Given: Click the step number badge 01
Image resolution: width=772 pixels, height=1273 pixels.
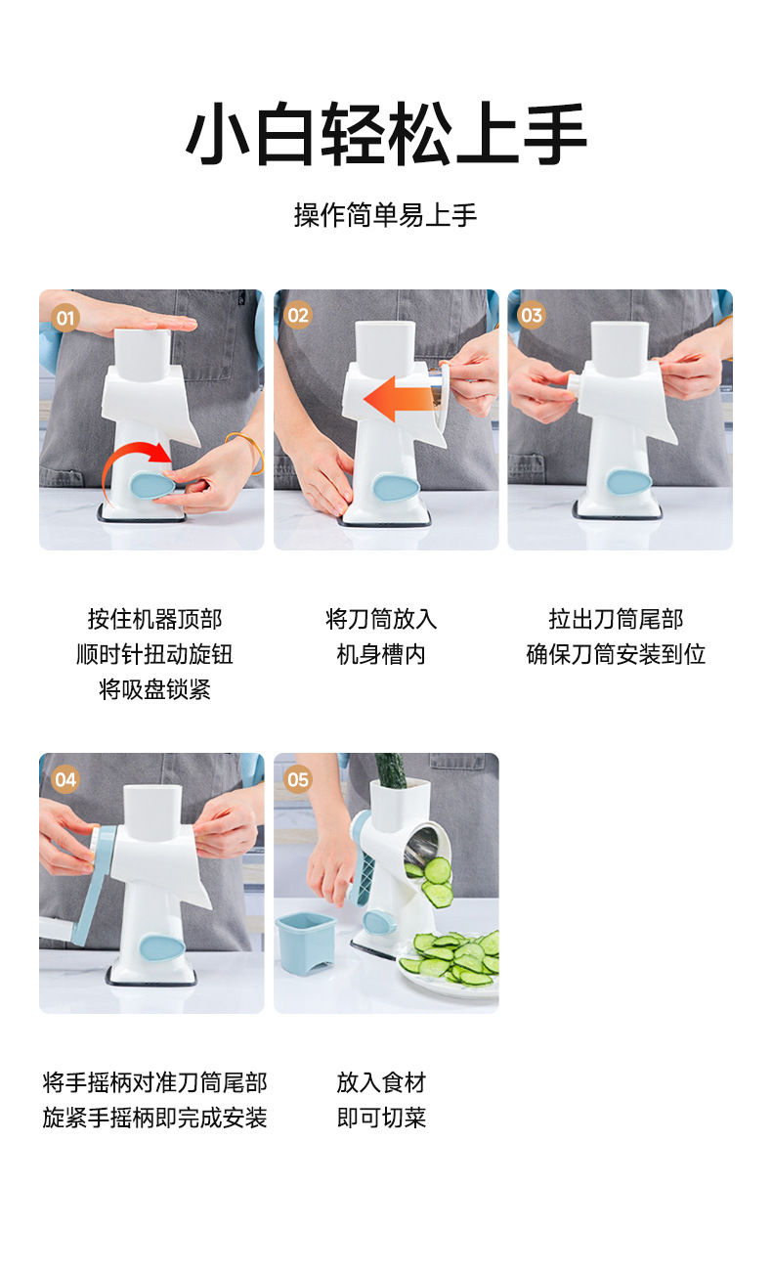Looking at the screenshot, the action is click(65, 318).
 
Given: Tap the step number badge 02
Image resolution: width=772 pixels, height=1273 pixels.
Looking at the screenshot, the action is click(298, 316).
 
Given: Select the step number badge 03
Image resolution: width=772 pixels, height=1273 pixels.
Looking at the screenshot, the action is click(532, 315).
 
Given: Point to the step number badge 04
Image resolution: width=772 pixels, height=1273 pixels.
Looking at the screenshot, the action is click(65, 779).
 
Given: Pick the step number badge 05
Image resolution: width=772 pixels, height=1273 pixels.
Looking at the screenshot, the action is click(298, 779).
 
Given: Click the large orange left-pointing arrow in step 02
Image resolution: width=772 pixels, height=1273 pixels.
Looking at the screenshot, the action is click(401, 398).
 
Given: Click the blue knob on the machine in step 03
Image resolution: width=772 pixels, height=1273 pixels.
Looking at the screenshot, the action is click(629, 482).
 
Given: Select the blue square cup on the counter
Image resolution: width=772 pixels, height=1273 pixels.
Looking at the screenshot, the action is click(306, 943).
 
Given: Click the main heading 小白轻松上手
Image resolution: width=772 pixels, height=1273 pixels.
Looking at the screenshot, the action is click(386, 134).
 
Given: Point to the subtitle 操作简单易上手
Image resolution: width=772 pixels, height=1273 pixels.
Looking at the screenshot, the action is click(385, 215).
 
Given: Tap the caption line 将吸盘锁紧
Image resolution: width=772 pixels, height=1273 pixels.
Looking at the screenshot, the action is click(154, 690).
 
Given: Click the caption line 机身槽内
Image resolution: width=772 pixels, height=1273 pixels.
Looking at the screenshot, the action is click(381, 655).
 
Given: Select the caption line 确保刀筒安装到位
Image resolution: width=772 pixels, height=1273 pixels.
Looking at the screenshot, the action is click(616, 655).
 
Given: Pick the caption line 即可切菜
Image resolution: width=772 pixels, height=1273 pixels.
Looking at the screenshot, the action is click(381, 1118).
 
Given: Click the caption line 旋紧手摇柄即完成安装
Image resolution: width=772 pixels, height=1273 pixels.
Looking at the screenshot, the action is click(154, 1118).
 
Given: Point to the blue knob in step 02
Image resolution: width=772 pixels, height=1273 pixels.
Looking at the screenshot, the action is click(396, 488).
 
